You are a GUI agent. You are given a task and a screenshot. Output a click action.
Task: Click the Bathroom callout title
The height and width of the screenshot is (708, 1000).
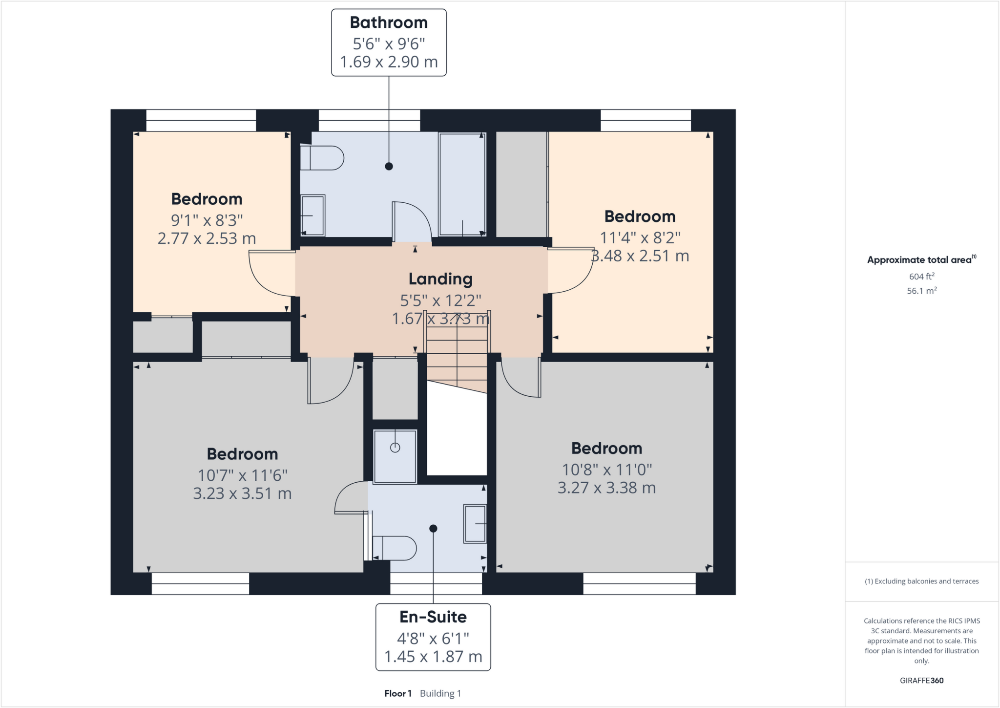pos(389,22)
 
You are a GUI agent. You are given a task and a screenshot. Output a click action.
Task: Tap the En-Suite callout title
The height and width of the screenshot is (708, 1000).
pos(433,617)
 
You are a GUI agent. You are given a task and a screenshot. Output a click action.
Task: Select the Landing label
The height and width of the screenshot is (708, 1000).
pos(440,279)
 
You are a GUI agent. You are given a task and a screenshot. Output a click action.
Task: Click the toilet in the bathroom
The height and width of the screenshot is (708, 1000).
pos(321,158)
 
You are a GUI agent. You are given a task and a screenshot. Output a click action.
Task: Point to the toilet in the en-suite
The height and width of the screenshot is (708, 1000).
pos(394,548)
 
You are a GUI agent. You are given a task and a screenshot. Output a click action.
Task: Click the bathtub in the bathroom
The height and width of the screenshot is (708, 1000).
pos(462,184)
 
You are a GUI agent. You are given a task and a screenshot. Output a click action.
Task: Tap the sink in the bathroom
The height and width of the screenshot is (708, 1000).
pos(312,215)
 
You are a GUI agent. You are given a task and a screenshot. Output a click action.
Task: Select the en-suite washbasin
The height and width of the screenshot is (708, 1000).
pos(475,524)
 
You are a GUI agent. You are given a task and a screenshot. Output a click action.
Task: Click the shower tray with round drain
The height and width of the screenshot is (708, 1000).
pos(395,456)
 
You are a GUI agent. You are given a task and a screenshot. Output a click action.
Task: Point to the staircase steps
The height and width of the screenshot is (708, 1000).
pos(457,352)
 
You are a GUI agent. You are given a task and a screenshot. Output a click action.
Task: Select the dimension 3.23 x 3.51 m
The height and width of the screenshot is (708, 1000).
pos(242,493)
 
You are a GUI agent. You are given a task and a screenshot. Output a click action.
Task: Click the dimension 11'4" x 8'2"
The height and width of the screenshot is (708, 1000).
pos(640,238)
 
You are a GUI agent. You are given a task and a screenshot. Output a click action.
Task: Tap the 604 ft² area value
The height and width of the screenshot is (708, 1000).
pos(921,277)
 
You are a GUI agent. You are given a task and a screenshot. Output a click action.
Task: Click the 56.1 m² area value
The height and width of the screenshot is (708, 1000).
pos(921,291)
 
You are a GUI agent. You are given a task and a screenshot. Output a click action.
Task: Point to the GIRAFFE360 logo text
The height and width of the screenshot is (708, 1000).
pos(921,680)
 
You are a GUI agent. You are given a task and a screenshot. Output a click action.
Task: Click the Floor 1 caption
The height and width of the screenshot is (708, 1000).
pos(398,693)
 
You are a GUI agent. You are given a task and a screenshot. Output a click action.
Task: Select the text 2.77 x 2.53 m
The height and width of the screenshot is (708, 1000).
pos(207,238)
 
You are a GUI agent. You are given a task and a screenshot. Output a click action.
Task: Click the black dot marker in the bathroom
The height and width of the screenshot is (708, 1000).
pos(389,166)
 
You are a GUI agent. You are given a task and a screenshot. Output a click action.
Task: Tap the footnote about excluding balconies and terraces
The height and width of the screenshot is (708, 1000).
pos(921,581)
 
